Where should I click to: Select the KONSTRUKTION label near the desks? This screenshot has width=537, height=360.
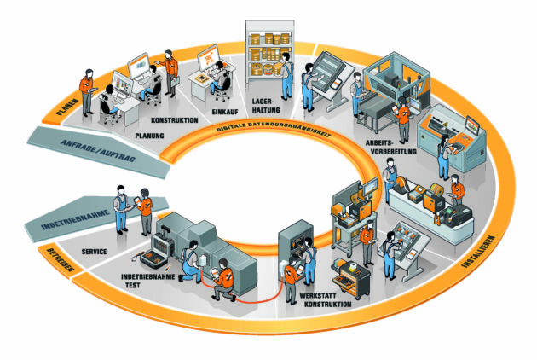pyautogui.click(x=176, y=120)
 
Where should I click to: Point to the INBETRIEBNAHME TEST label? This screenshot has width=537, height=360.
pyautogui.click(x=149, y=281)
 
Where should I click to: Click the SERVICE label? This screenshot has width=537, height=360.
pyautogui.click(x=94, y=253)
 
